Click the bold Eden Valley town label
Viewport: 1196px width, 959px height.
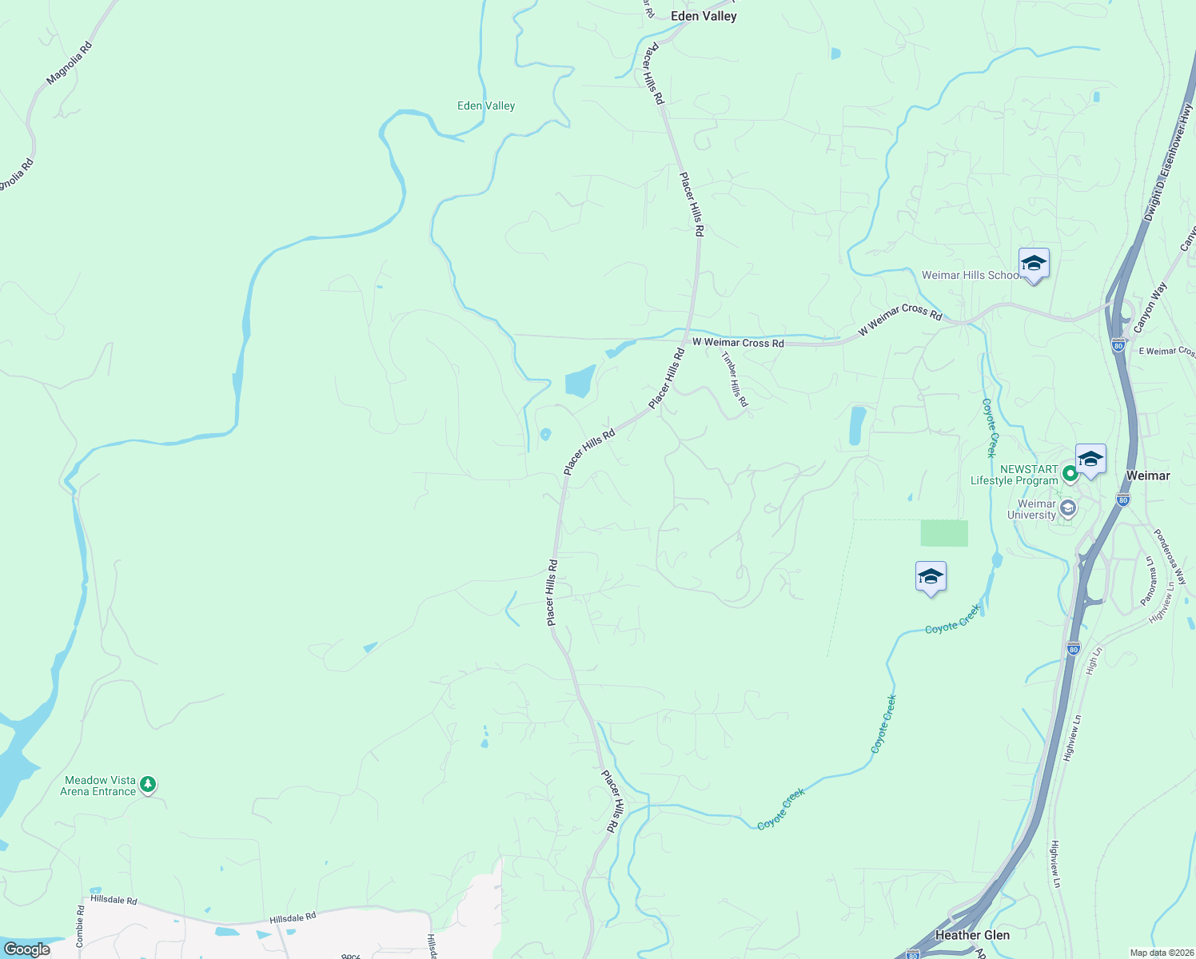[704, 16]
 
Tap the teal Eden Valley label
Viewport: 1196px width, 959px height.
[486, 105]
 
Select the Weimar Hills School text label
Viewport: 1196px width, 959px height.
[971, 275]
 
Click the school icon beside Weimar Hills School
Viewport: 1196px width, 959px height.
[1034, 263]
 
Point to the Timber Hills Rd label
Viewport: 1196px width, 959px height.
[735, 380]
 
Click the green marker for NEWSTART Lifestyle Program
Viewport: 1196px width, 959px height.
[1070, 475]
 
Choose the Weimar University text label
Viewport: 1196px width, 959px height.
[1036, 509]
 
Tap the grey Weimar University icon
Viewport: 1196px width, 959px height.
[1068, 508]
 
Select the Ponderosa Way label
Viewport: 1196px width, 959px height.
[1170, 556]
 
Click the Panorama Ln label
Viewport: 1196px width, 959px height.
[1148, 580]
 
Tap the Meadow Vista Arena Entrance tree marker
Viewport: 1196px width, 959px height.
[148, 785]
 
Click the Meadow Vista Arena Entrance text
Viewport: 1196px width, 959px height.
[100, 786]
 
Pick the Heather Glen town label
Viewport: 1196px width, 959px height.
[972, 935]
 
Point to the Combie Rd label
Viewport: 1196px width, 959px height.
[81, 927]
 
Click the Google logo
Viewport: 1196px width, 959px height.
[26, 949]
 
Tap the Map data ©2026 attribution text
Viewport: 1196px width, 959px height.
[1160, 953]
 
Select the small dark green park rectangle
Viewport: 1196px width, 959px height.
[944, 533]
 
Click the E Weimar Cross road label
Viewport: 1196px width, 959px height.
[1166, 351]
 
